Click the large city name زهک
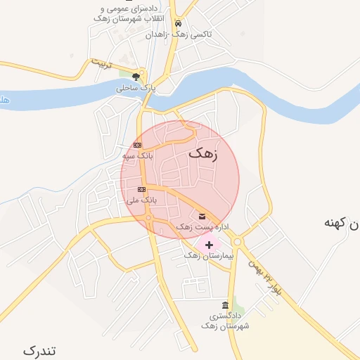pyautogui.click(x=204, y=153)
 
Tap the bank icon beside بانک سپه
pyautogui.click(x=137, y=145)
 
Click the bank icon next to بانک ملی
pyautogui.click(x=141, y=190)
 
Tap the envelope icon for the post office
pyautogui.click(x=202, y=216)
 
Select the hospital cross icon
pyautogui.click(x=208, y=245)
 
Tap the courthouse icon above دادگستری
pyautogui.click(x=224, y=306)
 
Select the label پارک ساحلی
pyautogui.click(x=135, y=89)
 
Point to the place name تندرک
pyautogui.click(x=39, y=350)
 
